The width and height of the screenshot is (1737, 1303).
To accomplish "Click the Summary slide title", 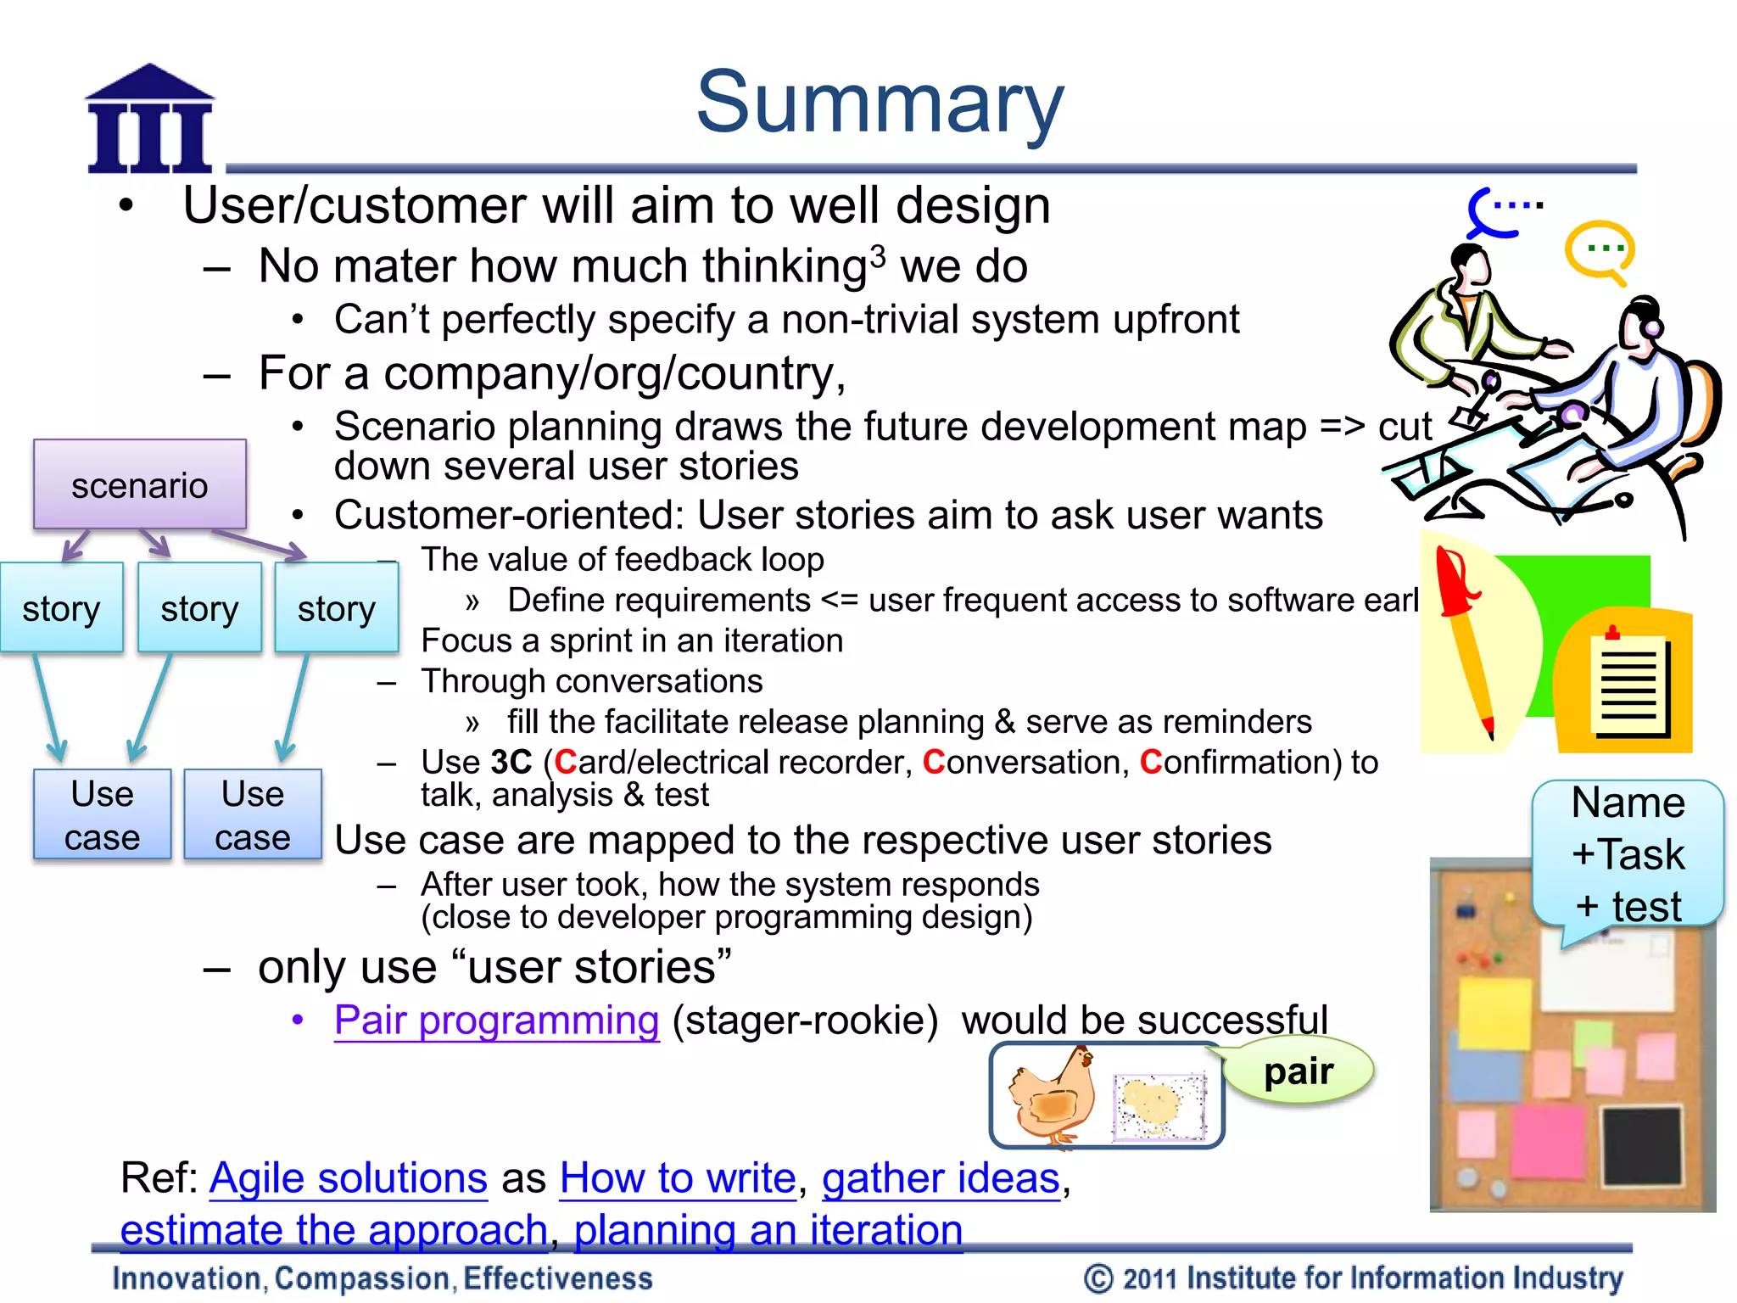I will click(x=880, y=103).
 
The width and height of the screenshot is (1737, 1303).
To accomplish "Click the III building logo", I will click(x=150, y=121).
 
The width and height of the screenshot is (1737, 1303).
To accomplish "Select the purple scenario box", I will click(x=140, y=485).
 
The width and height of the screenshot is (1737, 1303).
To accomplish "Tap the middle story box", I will click(x=199, y=608).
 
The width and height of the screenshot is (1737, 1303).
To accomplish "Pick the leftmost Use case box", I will click(x=102, y=815).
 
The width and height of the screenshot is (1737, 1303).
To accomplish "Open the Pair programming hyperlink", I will click(x=496, y=1021).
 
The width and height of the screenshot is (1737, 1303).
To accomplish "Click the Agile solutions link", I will click(x=348, y=1178).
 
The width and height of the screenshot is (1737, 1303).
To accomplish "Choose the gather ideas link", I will click(x=941, y=1178).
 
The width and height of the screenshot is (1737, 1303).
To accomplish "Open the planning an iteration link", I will click(x=768, y=1230).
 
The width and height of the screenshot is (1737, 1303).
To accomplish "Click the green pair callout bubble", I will click(x=1299, y=1072).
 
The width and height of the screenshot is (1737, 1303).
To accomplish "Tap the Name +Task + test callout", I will click(x=1628, y=853).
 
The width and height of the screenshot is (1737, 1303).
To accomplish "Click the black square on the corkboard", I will click(x=1642, y=1145).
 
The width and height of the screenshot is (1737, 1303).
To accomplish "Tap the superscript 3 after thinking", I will click(x=878, y=255).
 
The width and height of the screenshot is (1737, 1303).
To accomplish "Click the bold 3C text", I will click(x=511, y=762).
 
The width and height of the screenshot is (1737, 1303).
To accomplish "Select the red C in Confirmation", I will click(x=1150, y=762).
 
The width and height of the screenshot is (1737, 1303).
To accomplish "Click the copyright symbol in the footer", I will click(x=1097, y=1278).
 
